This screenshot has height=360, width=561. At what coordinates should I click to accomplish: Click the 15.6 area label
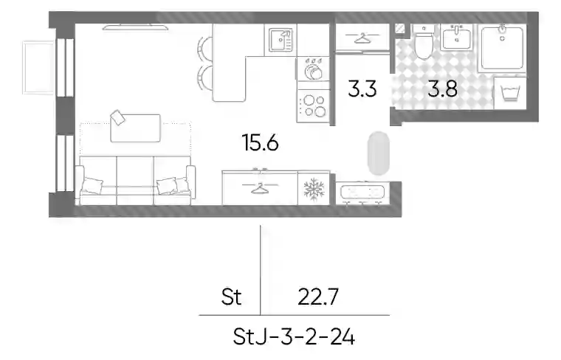pos(260,142)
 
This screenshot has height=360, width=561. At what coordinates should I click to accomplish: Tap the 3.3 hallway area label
pos(362,89)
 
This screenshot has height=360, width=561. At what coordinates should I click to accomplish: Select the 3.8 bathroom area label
pos(443,89)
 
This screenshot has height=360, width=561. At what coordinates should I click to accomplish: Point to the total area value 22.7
pos(318,297)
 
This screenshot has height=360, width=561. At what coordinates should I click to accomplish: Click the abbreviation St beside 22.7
pos(231,297)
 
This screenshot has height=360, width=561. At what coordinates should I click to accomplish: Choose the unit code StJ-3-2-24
pos(294,337)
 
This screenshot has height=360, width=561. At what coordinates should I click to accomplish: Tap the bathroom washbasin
pos(457,37)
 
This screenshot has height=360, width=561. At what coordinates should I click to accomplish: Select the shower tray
pos(503,47)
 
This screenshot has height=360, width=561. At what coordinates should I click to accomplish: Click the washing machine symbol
pos(510,93)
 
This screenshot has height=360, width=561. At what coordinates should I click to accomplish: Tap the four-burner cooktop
pos(314,105)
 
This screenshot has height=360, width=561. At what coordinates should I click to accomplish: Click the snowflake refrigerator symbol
pos(314,188)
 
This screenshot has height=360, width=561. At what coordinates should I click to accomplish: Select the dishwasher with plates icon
pos(314,69)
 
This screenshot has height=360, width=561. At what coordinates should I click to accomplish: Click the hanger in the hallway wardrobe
pos(362,38)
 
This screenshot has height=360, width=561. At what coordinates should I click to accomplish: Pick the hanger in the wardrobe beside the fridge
pos(260,187)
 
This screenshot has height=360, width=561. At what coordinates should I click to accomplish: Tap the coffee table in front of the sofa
pos(135,128)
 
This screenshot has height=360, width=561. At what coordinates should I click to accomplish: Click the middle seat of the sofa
pos(135,180)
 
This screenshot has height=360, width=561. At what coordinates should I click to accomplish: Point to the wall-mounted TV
pos(135,27)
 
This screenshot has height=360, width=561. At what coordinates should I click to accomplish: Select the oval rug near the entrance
pos(378,153)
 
